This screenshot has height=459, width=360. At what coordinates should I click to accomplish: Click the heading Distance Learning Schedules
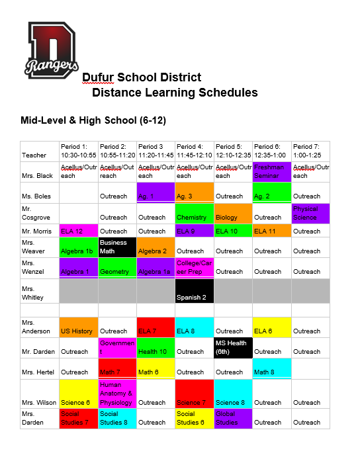pyautogui.click(x=175, y=93)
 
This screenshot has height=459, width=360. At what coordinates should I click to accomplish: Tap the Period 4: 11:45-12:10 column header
pyautogui.click(x=195, y=151)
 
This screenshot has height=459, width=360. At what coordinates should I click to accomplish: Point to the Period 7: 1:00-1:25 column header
pyautogui.click(x=311, y=151)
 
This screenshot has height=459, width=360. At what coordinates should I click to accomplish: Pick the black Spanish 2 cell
pyautogui.click(x=195, y=291)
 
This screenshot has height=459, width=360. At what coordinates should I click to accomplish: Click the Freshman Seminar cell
pyautogui.click(x=272, y=171)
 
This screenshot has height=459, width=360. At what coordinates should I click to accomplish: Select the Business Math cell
pyautogui.click(x=117, y=247)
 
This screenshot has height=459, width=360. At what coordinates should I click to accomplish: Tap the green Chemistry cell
pyautogui.click(x=195, y=213)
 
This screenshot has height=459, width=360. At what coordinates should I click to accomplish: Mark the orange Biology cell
pyautogui.click(x=234, y=213)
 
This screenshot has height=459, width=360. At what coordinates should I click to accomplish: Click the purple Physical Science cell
pyautogui.click(x=311, y=213)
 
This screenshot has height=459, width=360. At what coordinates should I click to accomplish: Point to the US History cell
pyautogui.click(x=78, y=327)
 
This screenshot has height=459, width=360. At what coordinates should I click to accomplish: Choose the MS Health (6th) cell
pyautogui.click(x=234, y=347)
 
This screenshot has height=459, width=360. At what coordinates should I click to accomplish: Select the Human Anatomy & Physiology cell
pyautogui.click(x=117, y=394)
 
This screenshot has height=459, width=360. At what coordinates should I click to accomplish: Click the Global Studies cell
pyautogui.click(x=234, y=418)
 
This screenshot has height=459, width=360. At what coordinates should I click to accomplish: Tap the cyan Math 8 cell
pyautogui.click(x=272, y=368)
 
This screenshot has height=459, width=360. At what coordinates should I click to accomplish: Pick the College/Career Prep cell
pyautogui.click(x=195, y=267)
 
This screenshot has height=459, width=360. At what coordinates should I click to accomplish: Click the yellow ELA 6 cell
pyautogui.click(x=272, y=327)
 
